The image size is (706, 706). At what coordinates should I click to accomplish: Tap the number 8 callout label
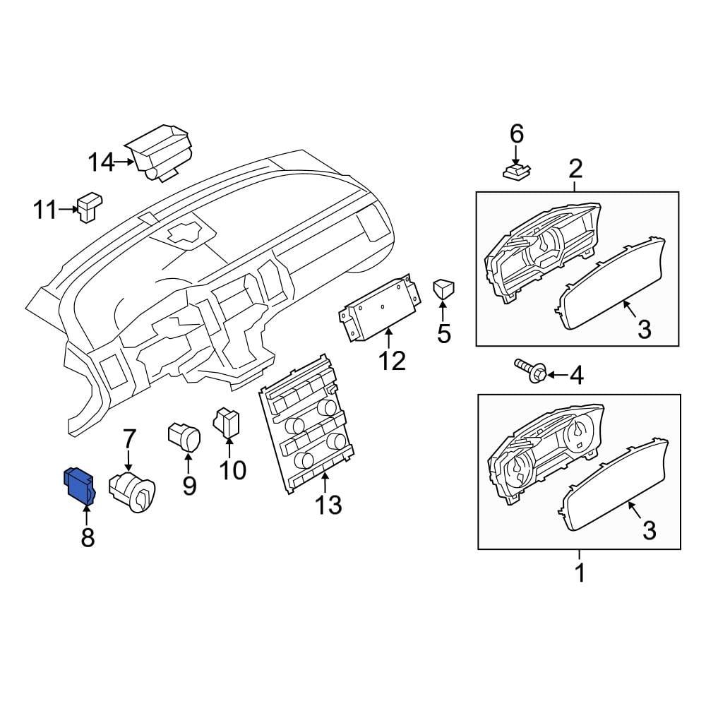pos(87,538)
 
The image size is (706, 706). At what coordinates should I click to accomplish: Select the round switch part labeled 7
pos(133,492)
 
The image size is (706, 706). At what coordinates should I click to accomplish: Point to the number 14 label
pos(100,163)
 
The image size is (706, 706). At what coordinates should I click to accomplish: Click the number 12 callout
pos(392,361)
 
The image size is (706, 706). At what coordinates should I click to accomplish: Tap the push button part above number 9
pos(185,436)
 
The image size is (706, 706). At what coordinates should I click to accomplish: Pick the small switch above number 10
pos(227,422)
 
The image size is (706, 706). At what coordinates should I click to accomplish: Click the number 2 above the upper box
pos(575,169)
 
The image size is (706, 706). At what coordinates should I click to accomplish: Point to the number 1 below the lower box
pos(580,573)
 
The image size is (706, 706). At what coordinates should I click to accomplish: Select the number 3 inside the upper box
pos(644,329)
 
